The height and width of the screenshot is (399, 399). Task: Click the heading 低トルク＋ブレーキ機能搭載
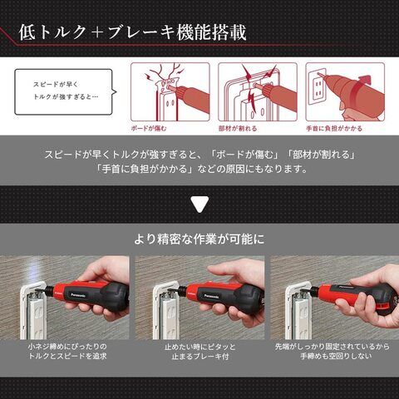click(x=132, y=32)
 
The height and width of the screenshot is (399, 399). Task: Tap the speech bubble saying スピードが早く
click(x=66, y=91)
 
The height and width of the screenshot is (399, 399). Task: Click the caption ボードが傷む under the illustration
click(x=149, y=128)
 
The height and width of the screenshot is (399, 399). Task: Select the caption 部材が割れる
click(x=238, y=128)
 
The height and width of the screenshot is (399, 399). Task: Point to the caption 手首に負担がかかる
click(x=334, y=128)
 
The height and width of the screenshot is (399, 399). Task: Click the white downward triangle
click(x=199, y=204)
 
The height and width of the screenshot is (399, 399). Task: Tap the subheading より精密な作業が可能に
click(x=199, y=239)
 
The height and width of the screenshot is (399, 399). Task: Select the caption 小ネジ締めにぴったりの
click(x=67, y=347)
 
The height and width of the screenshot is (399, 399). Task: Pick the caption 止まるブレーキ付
click(x=200, y=357)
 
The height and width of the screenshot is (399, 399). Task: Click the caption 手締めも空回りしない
click(x=336, y=357)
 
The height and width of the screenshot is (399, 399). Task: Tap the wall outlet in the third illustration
click(x=318, y=86)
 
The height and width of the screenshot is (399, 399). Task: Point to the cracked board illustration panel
click(x=170, y=91)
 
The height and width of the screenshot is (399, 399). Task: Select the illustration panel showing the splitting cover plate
click(x=258, y=91)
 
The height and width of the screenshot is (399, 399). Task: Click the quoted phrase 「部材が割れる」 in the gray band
click(x=321, y=155)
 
